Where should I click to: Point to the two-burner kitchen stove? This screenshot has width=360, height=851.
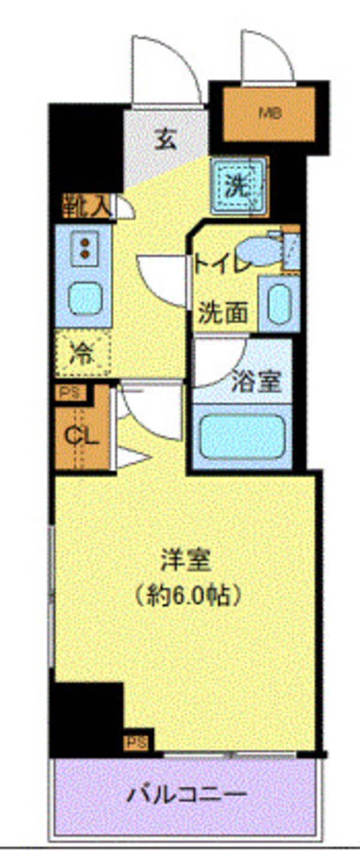85,248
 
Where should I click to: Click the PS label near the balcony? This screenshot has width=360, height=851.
136,742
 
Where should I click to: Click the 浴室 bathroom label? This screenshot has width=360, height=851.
257,383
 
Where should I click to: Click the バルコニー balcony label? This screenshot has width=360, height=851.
187,795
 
